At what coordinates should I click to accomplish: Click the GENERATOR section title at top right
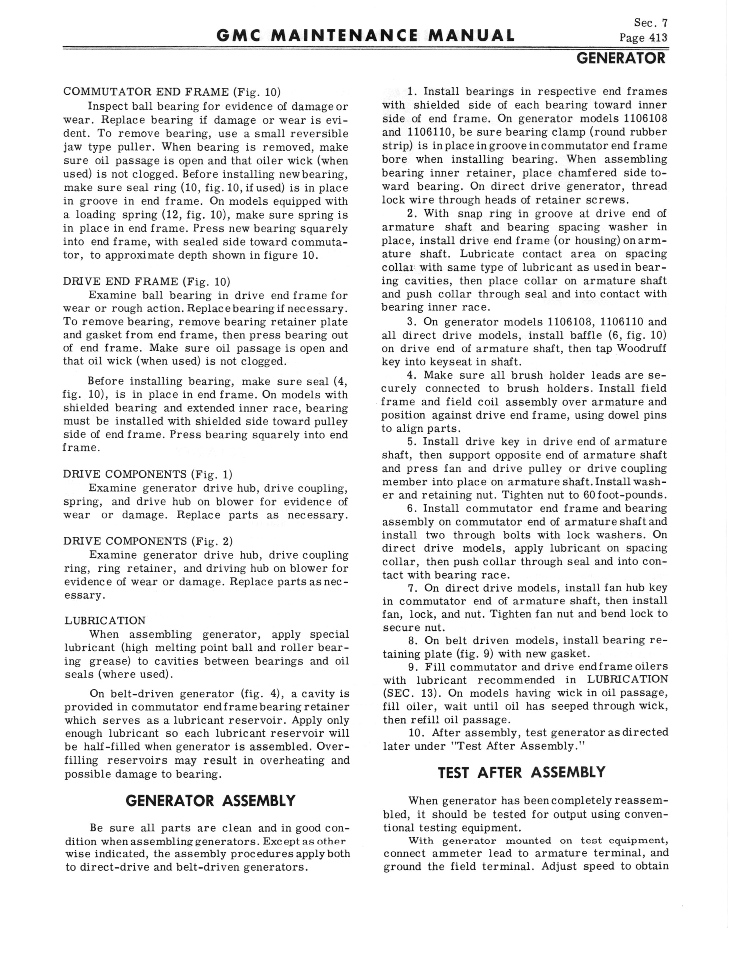click(x=621, y=58)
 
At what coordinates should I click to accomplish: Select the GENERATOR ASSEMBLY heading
click(x=210, y=801)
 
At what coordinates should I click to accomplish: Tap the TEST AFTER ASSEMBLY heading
click(x=522, y=773)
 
